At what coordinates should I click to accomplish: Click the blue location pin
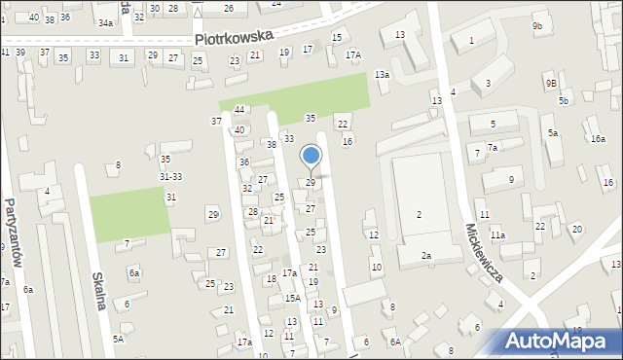coord(311,156)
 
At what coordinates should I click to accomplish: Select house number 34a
coord(105,21)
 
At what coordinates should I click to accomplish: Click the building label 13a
coord(383,75)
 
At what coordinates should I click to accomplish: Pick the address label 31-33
coord(170,176)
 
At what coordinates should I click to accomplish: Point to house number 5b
coord(563,101)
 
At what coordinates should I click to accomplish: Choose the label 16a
coord(597,139)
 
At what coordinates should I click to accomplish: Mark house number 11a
coord(497,235)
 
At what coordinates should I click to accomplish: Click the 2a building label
coord(425,255)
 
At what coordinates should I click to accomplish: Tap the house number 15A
coord(292,299)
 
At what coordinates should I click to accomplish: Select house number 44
coord(238,110)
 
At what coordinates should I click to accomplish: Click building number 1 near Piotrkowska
coord(471,41)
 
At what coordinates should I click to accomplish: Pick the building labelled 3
coord(488,84)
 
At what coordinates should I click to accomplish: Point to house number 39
coord(18,52)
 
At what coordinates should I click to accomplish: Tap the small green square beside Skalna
coord(128,209)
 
